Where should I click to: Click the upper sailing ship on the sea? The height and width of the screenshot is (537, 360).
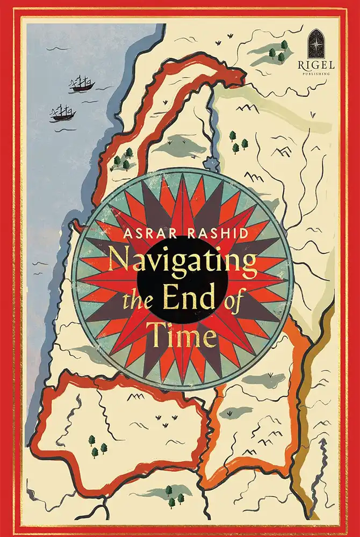pos(81,83)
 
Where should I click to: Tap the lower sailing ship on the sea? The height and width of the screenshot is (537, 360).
pos(63,113)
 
